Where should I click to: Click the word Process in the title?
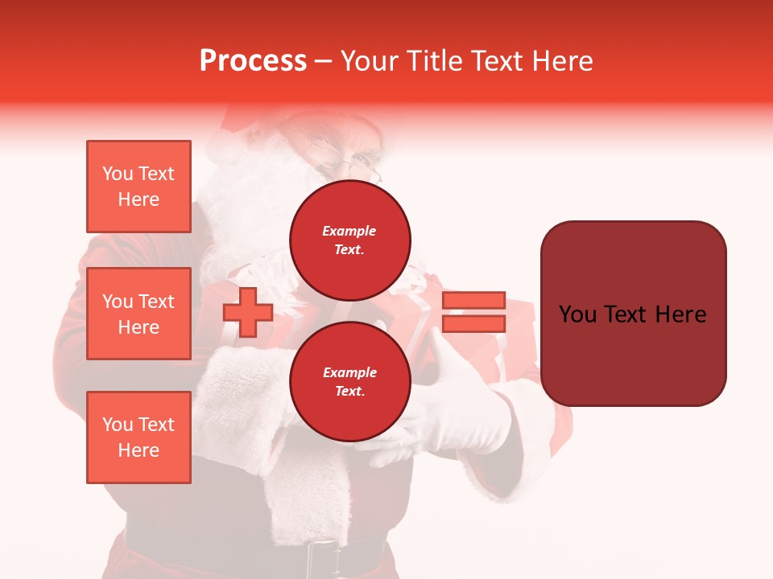coord(253,61)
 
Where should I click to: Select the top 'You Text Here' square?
coord(138,187)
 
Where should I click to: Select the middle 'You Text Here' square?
coord(138,314)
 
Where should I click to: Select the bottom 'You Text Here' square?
coord(138,437)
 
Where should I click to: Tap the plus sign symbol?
coord(248,313)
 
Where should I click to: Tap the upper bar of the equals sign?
coord(473,300)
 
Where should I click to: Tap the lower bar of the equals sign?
coord(473,324)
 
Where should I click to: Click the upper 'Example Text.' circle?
coord(350,240)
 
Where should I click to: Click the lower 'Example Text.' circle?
coord(350,381)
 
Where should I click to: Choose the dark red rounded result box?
coord(633,313)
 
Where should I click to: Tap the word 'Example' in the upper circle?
coord(349,231)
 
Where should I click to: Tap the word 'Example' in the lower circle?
coord(349,372)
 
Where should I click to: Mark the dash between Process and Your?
coord(323,61)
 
